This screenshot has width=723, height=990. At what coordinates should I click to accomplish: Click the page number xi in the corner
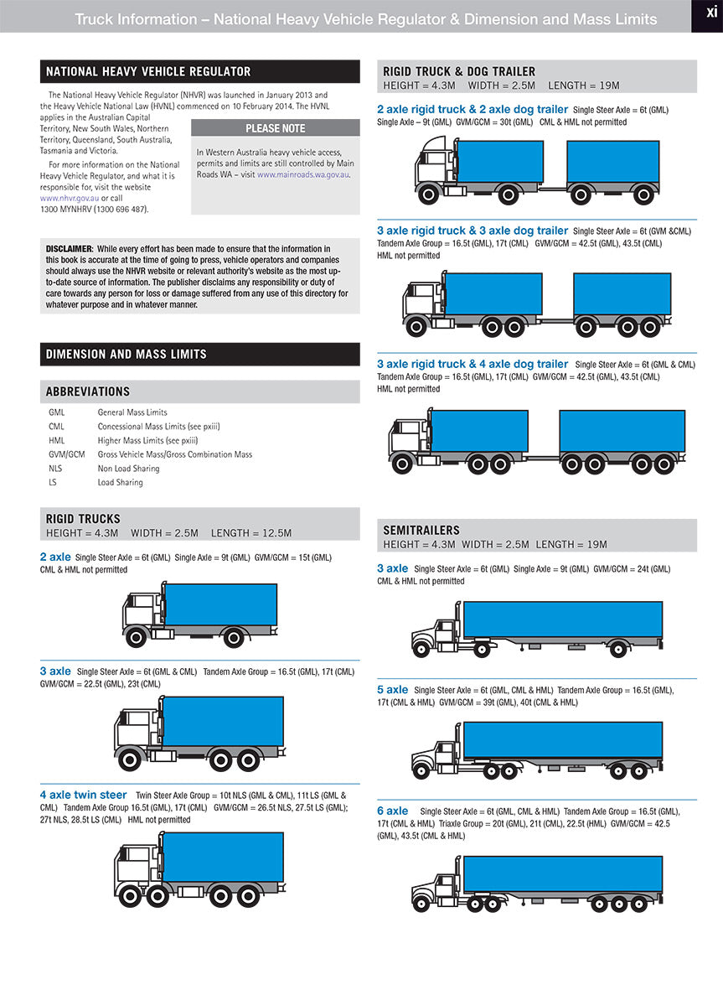(707, 14)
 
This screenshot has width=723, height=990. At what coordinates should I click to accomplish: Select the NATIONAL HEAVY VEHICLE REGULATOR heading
(148, 72)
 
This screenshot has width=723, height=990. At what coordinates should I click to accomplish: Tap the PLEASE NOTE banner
(276, 128)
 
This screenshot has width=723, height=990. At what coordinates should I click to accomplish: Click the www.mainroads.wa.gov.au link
(302, 174)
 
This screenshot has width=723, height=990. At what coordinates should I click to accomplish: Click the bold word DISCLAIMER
(69, 249)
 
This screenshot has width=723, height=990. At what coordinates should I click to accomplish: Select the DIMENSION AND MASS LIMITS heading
(127, 354)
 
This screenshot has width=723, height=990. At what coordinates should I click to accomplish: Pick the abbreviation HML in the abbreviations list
(56, 440)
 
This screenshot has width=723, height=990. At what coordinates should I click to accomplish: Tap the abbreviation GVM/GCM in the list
(67, 454)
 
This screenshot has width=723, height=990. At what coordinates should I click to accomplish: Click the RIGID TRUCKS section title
(83, 519)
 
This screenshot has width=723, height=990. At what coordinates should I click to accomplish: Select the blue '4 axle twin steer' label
(83, 795)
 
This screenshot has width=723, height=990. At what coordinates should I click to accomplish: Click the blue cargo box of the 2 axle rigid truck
(220, 604)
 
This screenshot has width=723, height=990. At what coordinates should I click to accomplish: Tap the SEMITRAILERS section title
(421, 530)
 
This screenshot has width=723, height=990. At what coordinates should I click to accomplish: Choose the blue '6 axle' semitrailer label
(392, 811)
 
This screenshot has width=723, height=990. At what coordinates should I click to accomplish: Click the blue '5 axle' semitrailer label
(392, 690)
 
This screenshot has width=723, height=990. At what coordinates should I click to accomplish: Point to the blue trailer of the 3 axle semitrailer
(562, 619)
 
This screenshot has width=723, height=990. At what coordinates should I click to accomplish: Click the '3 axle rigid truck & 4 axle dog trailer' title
(473, 364)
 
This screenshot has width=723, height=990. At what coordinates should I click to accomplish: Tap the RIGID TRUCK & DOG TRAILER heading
(459, 72)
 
